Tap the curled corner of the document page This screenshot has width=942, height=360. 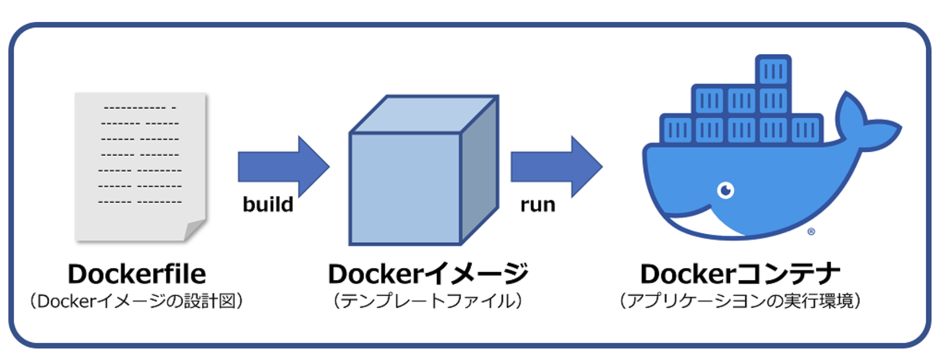click(x=194, y=230)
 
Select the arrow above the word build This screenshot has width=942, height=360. click(x=283, y=166)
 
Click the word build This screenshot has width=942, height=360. click(x=268, y=204)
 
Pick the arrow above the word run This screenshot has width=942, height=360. click(x=556, y=166)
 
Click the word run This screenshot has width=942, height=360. click(x=537, y=204)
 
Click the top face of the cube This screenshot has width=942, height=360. click(x=424, y=115)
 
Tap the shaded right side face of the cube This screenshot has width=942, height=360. click(x=479, y=170)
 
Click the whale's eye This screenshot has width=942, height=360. click(x=725, y=190)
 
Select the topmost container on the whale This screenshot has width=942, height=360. click(x=773, y=70)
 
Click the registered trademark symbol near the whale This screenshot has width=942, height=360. click(x=811, y=231)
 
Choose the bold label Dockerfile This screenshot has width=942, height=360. click(x=137, y=274)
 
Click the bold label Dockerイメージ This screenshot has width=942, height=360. click(x=428, y=274)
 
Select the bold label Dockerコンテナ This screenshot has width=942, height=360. click(x=740, y=274)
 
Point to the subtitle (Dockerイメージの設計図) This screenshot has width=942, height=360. click(x=137, y=301)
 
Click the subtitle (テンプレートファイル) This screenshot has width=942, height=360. click(x=428, y=301)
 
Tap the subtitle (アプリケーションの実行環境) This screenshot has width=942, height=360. click(x=740, y=301)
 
